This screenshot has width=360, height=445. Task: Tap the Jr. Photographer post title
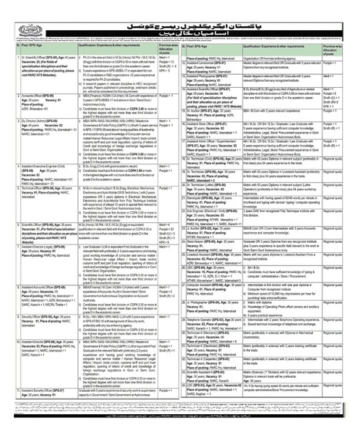coord(209,317)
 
